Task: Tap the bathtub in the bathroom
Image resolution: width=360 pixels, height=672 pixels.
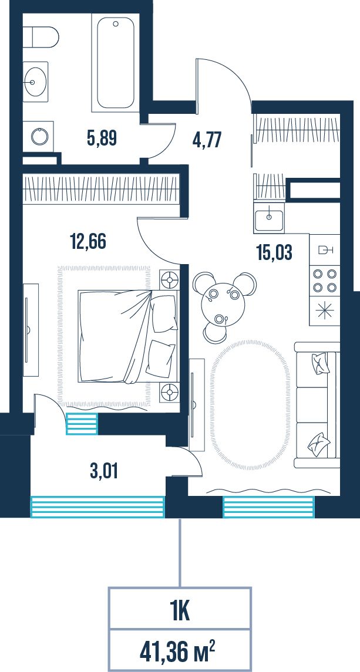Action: [116, 63]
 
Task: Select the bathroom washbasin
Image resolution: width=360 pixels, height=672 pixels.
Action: [36, 82]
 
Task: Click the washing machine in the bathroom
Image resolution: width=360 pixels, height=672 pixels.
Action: [39, 136]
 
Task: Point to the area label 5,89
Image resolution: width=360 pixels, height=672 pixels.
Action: [102, 139]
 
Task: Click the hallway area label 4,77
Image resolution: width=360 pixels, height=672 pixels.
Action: [207, 140]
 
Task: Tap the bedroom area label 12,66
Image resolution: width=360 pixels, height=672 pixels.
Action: [88, 241]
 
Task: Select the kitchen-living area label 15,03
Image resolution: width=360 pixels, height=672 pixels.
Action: [274, 252]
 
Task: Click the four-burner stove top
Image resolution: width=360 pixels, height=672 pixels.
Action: [324, 281]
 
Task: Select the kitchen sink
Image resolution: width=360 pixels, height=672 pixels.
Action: [268, 218]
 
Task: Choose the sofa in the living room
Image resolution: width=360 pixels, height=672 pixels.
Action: [317, 405]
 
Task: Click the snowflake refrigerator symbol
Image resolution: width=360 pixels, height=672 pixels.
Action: [324, 311]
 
